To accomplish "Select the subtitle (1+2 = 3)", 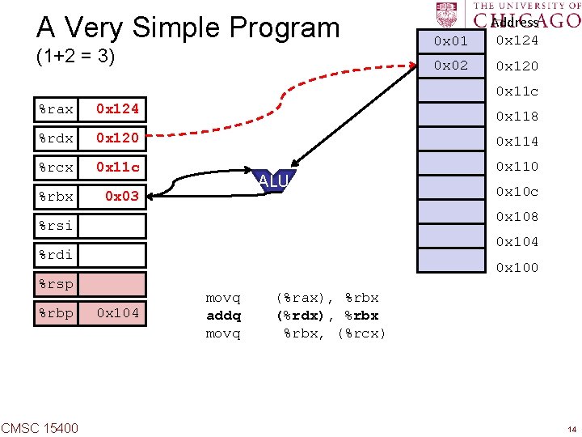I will pyautogui.click(x=75, y=57).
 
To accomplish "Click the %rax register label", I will pyautogui.click(x=56, y=108).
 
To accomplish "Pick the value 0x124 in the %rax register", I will pyautogui.click(x=117, y=108).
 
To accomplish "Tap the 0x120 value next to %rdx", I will pyautogui.click(x=117, y=138).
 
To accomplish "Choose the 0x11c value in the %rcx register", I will pyautogui.click(x=117, y=168).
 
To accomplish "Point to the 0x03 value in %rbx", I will pyautogui.click(x=122, y=197).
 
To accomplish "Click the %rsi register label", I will pyautogui.click(x=56, y=226).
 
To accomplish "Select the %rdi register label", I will pyautogui.click(x=56, y=255).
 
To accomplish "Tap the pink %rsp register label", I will pyautogui.click(x=56, y=284).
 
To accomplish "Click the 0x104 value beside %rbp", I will pyautogui.click(x=117, y=313).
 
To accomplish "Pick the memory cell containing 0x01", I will pyautogui.click(x=450, y=40).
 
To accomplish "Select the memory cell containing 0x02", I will pyautogui.click(x=450, y=66).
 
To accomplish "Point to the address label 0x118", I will pyautogui.click(x=517, y=117).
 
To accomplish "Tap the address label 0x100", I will pyautogui.click(x=517, y=268).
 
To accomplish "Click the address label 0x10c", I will pyautogui.click(x=517, y=192).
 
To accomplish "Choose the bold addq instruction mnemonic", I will pyautogui.click(x=224, y=316).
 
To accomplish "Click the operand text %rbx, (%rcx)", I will pyautogui.click(x=334, y=333).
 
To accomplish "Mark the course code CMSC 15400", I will pyautogui.click(x=40, y=427).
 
